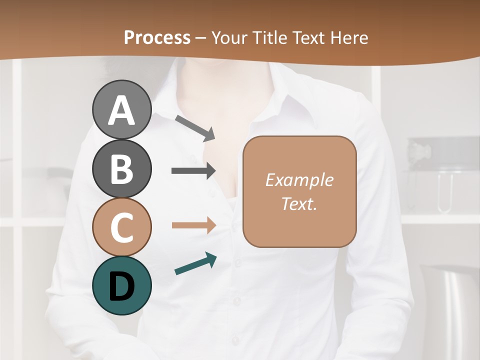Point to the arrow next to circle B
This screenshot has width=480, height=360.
coord(193,171)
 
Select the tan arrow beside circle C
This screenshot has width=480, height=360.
coord(193,225)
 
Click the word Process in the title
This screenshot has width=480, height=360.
coord(157,37)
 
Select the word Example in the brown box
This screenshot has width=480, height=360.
coord(299,180)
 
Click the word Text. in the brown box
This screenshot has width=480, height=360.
coord(299,203)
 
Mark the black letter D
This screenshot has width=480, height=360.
coord(121,286)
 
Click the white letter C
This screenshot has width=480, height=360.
coord(121,228)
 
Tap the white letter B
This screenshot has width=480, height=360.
coord(121,169)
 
